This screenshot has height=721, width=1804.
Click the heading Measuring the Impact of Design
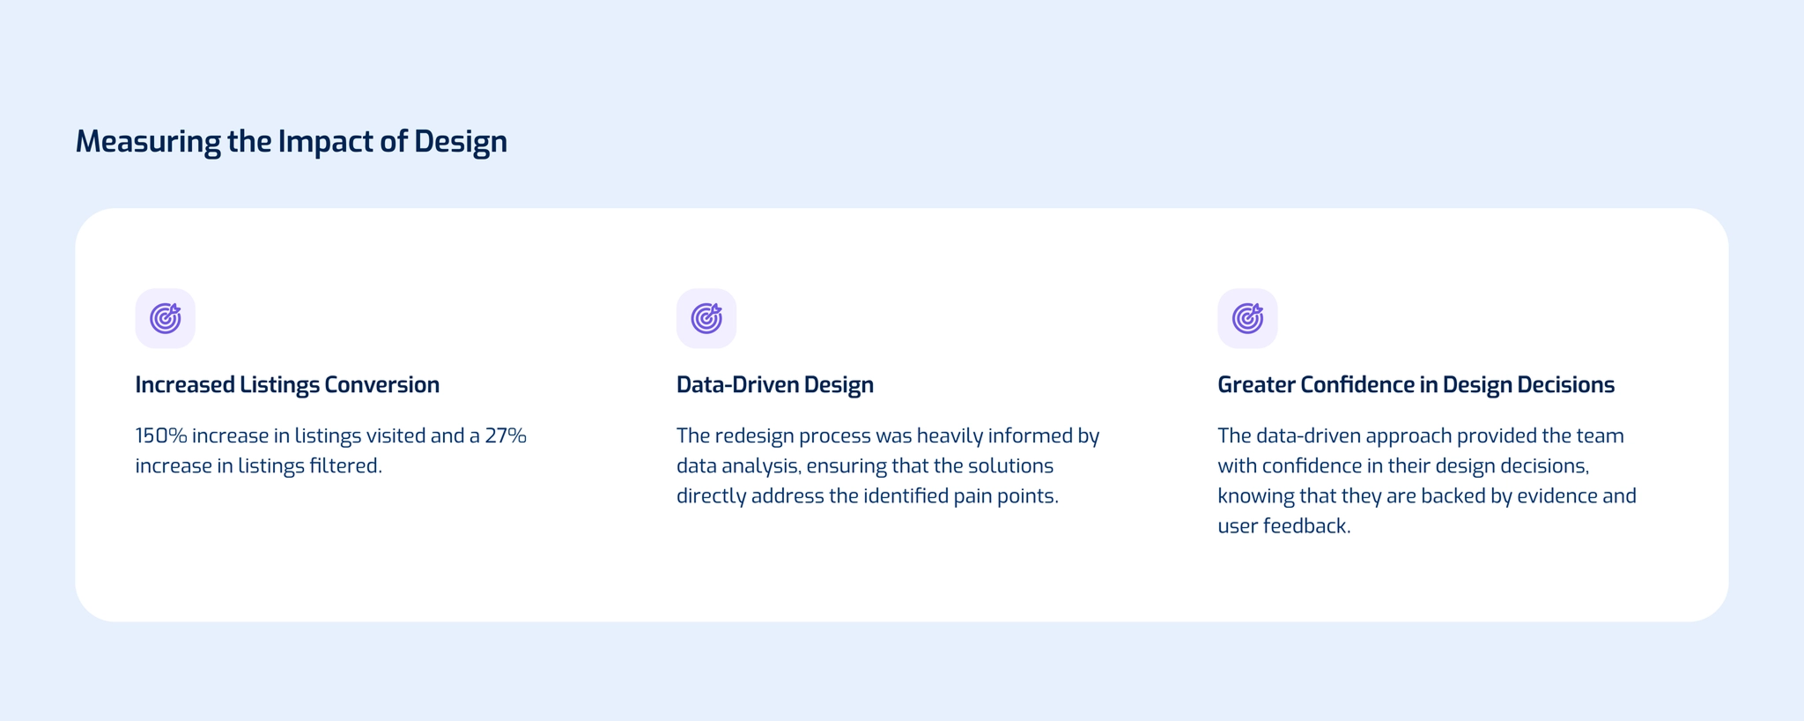pos(291,141)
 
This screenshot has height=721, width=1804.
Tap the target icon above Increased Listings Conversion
pos(166,318)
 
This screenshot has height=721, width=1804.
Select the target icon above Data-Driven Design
pos(706,318)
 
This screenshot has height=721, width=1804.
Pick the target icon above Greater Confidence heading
pos(1247,318)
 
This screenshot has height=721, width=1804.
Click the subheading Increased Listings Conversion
pos(287,385)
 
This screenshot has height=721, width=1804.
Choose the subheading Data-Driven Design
pos(775,385)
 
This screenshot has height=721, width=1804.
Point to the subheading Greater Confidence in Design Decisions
pos(1416,385)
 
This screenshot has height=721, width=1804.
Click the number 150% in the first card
pos(160,435)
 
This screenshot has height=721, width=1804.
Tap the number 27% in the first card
pos(506,435)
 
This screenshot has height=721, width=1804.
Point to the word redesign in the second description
pos(754,435)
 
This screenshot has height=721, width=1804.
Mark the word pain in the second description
pos(972,495)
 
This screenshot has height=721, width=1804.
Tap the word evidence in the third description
pos(1557,495)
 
